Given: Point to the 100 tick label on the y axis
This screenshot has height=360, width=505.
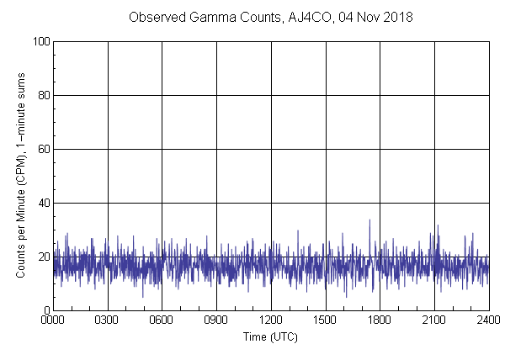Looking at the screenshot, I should click(x=40, y=41).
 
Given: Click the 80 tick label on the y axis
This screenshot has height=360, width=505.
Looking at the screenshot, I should click(x=43, y=95).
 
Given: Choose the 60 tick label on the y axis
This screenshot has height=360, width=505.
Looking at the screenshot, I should click(x=43, y=149).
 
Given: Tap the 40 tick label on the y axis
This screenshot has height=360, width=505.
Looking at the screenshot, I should click(x=43, y=203).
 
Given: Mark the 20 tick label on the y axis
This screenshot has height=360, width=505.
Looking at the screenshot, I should click(x=43, y=257).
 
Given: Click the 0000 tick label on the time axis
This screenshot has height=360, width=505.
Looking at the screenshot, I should click(x=53, y=320).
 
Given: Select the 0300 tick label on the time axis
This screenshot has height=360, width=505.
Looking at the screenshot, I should click(x=108, y=320).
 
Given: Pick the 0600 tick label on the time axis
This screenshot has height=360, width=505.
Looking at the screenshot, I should click(x=162, y=320).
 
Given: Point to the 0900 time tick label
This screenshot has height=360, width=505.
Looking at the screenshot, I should click(x=216, y=320).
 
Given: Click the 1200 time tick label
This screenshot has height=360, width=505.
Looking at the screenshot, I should click(x=271, y=320).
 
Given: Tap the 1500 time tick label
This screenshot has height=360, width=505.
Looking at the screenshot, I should click(x=326, y=320).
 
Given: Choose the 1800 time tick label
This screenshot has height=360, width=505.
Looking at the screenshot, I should click(x=380, y=320).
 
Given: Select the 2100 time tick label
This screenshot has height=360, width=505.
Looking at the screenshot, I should click(x=434, y=320).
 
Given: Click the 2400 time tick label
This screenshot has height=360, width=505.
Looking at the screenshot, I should click(x=488, y=320).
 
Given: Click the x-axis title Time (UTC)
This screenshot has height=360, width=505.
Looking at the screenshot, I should click(x=270, y=336).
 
